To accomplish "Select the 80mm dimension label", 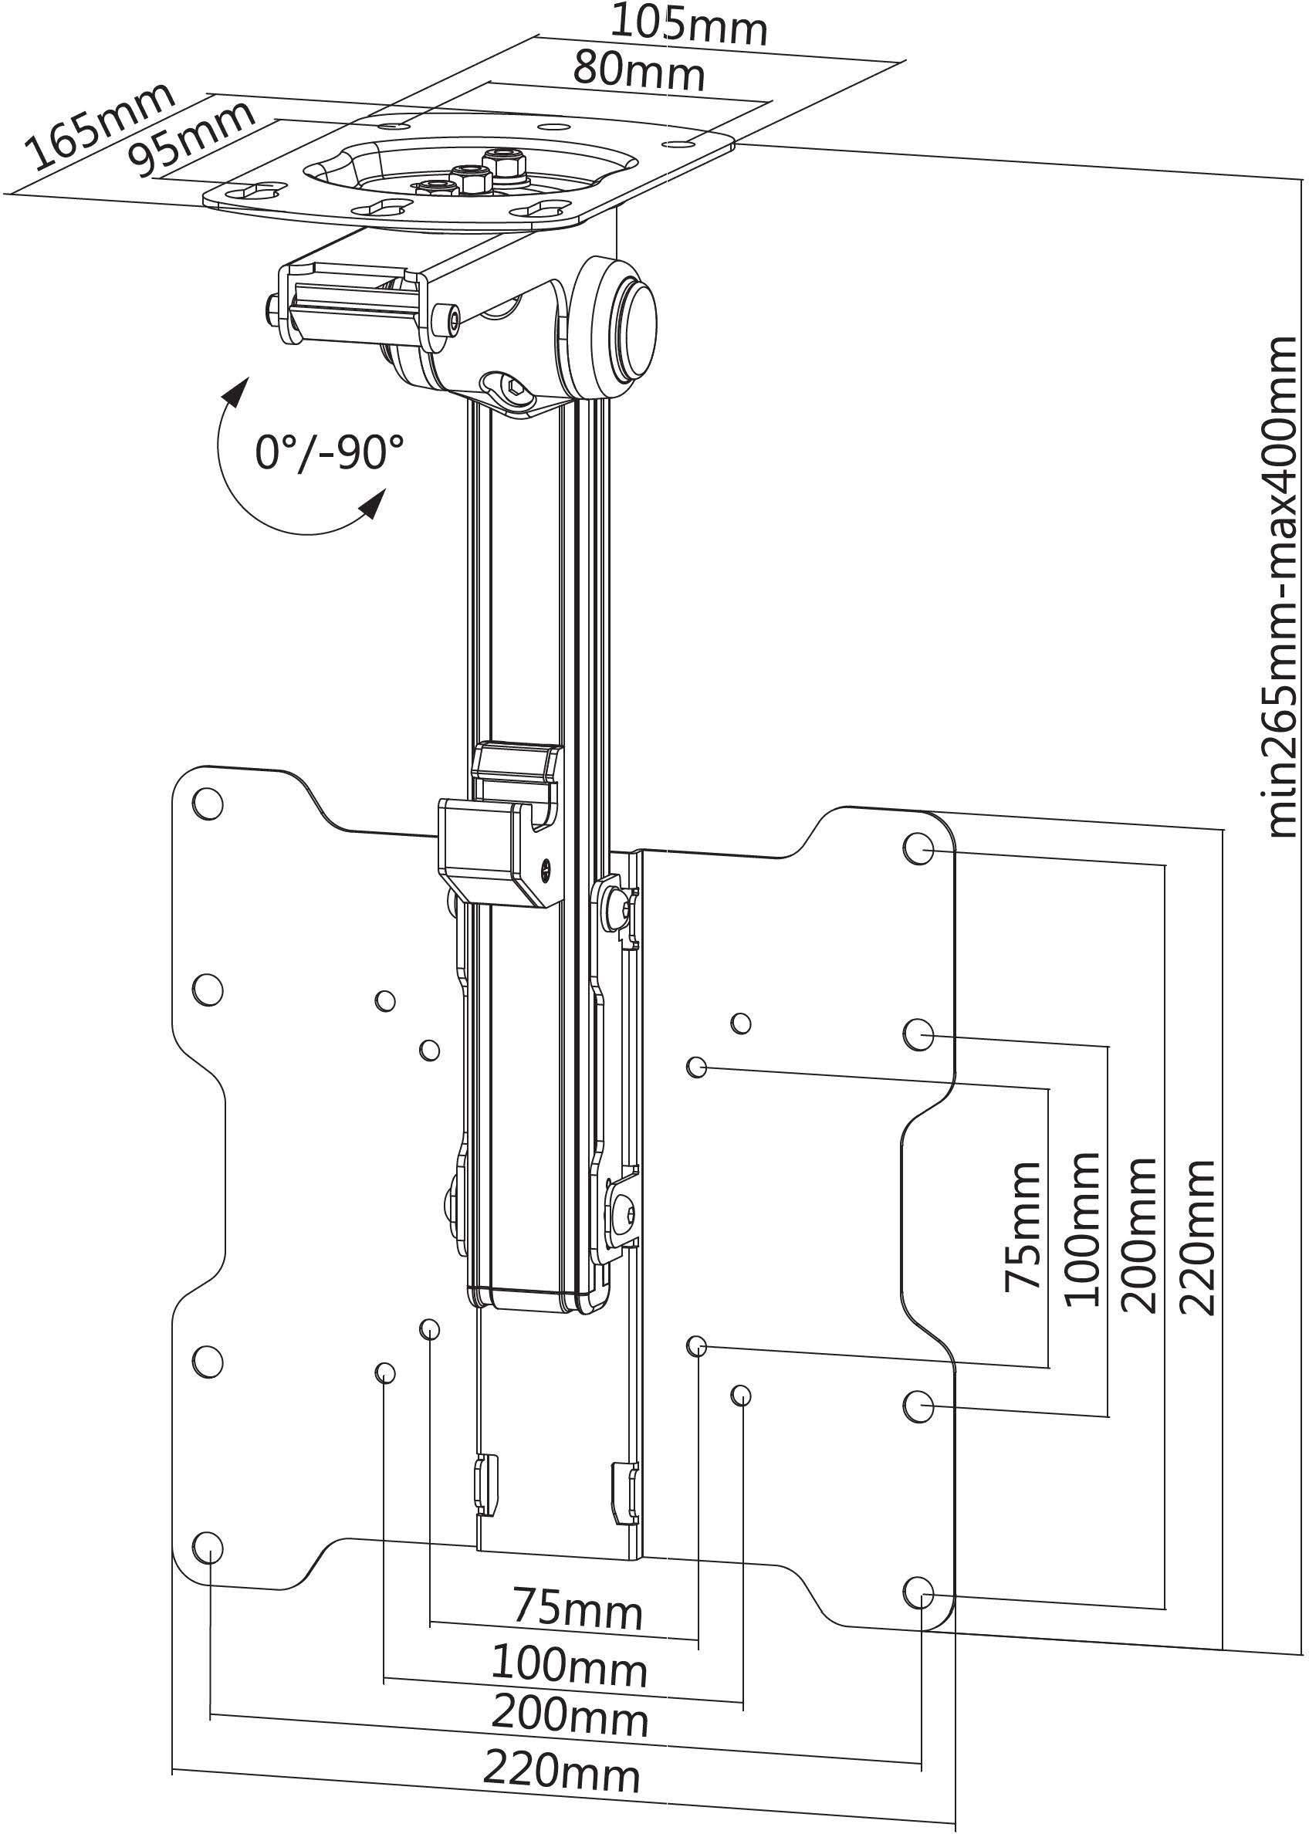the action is (x=639, y=71).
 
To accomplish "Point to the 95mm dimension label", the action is (x=194, y=139).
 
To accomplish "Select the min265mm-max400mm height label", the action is (x=1280, y=586).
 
